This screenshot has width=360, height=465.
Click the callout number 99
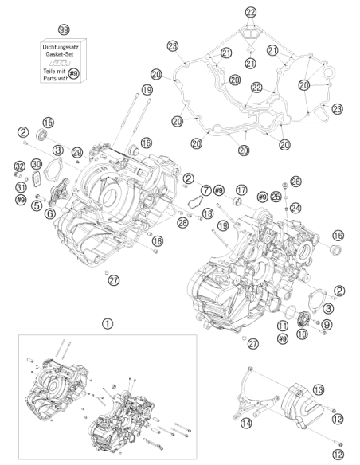(64, 29)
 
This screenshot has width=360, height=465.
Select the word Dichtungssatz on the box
(61, 47)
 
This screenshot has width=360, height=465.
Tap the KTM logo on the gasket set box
(60, 63)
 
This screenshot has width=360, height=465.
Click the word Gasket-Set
(60, 54)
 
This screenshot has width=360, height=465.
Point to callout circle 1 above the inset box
(108, 324)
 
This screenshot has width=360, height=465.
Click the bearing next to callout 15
(41, 135)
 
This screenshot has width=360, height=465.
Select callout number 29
(78, 152)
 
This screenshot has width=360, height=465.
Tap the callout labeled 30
(37, 164)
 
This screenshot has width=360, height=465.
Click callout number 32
(20, 166)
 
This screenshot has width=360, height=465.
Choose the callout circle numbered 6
(50, 213)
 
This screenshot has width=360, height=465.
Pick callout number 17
(241, 190)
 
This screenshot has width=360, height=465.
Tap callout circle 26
(295, 182)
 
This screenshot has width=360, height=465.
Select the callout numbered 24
(295, 208)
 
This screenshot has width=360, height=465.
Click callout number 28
(182, 223)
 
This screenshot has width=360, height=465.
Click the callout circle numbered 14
(246, 423)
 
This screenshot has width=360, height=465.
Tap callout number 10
(302, 334)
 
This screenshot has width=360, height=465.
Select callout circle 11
(283, 326)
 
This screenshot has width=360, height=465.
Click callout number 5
(37, 205)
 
